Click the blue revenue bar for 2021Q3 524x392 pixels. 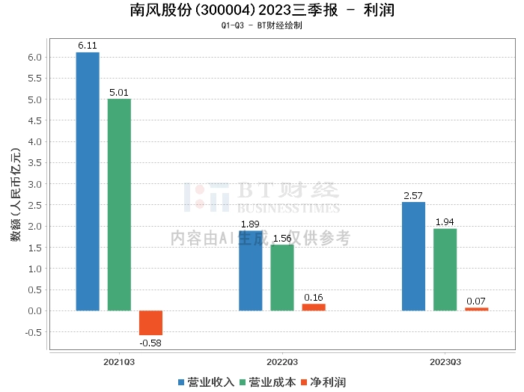point(88,181)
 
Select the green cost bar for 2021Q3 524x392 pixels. point(119,204)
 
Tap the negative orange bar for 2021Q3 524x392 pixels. point(150,322)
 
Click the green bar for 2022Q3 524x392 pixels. point(282,278)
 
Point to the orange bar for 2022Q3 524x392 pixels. point(314,307)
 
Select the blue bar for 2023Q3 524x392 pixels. point(413,256)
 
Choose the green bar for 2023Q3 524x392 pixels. point(445,269)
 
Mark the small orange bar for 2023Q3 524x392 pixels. point(476,309)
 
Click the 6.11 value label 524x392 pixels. point(88,46)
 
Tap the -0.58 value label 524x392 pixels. point(150,343)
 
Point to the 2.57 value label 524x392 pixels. point(413,195)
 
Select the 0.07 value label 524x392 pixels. point(476,301)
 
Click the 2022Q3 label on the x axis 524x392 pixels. point(282,361)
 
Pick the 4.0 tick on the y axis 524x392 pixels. point(35,141)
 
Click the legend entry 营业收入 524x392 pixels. point(206,382)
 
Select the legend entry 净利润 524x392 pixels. point(323,382)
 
